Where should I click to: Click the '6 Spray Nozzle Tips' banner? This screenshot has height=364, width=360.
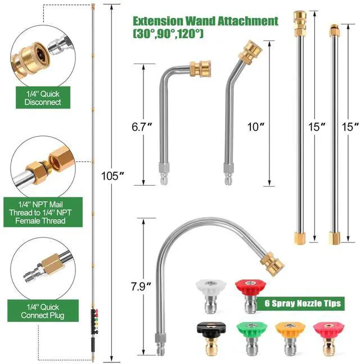click(x=303, y=303)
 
